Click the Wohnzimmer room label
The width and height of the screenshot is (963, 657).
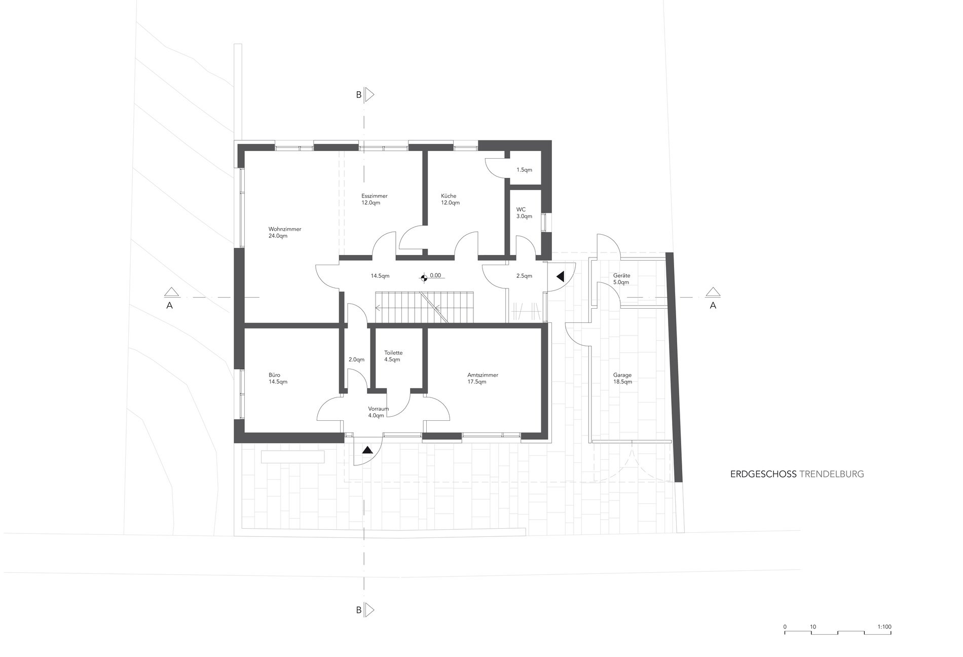285,233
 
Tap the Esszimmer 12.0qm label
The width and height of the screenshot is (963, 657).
374,199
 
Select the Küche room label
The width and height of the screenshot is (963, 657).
450,199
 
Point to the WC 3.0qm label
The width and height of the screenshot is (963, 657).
524,213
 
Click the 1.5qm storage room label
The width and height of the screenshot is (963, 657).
524,170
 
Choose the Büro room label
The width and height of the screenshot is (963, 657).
278,378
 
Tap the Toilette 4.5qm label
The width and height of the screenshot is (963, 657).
393,356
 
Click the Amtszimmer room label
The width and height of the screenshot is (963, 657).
483,378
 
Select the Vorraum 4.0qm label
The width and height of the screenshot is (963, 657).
378,412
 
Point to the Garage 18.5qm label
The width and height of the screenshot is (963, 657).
622,378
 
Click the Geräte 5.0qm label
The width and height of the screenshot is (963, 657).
621,279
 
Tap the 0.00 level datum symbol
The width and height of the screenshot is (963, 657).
423,277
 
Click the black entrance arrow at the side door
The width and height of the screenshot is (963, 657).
560,277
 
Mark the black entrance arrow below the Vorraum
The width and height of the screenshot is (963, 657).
367,449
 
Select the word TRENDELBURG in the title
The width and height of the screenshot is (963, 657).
831,474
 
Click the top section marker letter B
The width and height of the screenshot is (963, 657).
359,95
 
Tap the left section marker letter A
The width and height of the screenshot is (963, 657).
170,305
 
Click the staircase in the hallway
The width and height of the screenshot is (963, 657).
424,307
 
